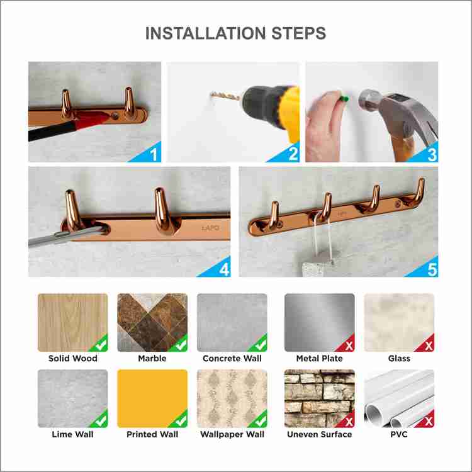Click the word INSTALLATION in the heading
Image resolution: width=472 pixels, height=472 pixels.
coord(206,33)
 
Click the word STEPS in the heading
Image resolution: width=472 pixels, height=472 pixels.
coord(298,33)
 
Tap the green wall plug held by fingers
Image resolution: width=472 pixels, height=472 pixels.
coord(345,98)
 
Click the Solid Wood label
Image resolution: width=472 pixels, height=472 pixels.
coord(73,358)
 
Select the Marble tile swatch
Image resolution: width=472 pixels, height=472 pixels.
coord(152,322)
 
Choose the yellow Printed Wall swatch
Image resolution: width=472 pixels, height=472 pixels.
coord(152,398)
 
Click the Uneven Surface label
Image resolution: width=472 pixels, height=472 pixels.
coord(319,434)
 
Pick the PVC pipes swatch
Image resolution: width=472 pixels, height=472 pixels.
coord(399,398)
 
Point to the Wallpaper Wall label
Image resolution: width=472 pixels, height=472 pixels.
coord(232,434)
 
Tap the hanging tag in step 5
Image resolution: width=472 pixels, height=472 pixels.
coord(318,265)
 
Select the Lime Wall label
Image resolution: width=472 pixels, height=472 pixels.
coord(72,434)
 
